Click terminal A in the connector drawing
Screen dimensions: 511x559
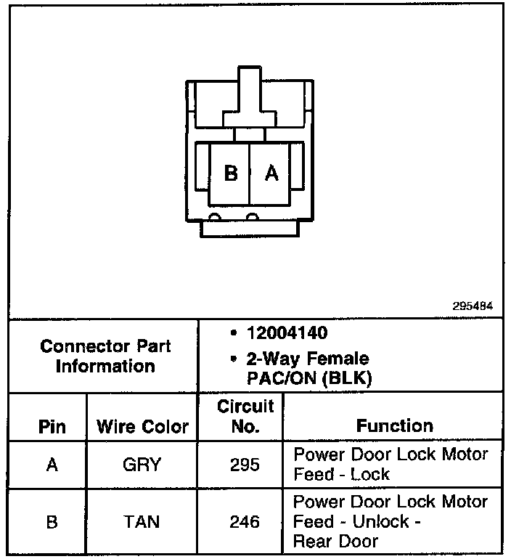click(271, 174)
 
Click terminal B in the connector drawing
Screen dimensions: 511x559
click(231, 174)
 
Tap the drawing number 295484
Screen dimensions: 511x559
click(473, 306)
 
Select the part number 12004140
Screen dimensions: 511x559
click(287, 334)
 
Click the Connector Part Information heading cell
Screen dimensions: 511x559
click(105, 356)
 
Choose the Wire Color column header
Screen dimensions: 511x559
click(142, 426)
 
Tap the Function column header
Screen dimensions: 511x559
click(394, 426)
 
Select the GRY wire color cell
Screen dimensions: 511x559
click(142, 464)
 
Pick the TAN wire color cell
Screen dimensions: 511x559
click(142, 521)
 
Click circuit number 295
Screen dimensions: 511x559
click(245, 464)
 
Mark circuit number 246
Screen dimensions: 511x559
click(245, 521)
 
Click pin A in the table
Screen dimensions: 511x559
click(52, 464)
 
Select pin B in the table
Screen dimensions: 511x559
click(52, 521)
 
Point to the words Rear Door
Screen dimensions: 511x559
click(336, 541)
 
